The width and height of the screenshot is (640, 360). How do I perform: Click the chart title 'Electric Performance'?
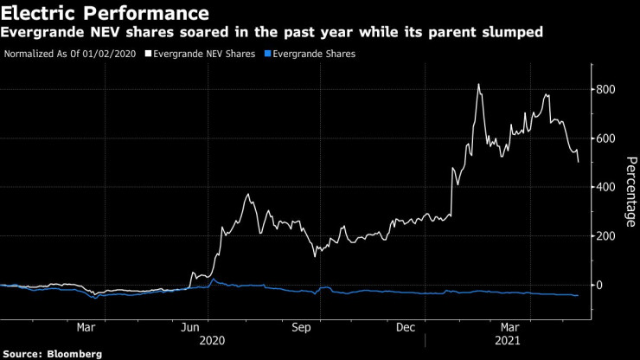[x=105, y=14]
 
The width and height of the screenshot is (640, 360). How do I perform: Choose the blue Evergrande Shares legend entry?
[x=312, y=54]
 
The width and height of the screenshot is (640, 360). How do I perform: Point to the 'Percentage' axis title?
[x=630, y=187]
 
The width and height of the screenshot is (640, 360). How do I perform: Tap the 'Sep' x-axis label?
[x=301, y=328]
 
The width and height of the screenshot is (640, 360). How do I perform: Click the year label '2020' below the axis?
[x=212, y=341]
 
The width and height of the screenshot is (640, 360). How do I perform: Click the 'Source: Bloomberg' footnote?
[x=53, y=354]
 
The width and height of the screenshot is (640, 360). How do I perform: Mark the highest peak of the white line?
[x=478, y=84]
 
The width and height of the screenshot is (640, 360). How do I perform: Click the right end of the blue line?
[x=579, y=295]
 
